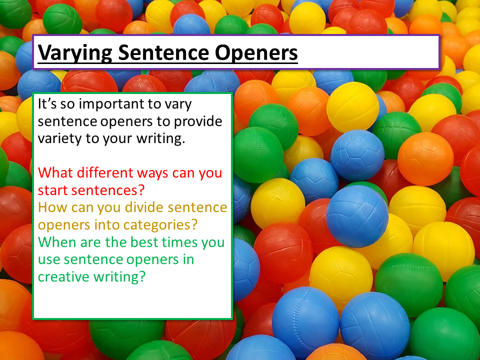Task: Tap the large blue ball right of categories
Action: click(x=357, y=215)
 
